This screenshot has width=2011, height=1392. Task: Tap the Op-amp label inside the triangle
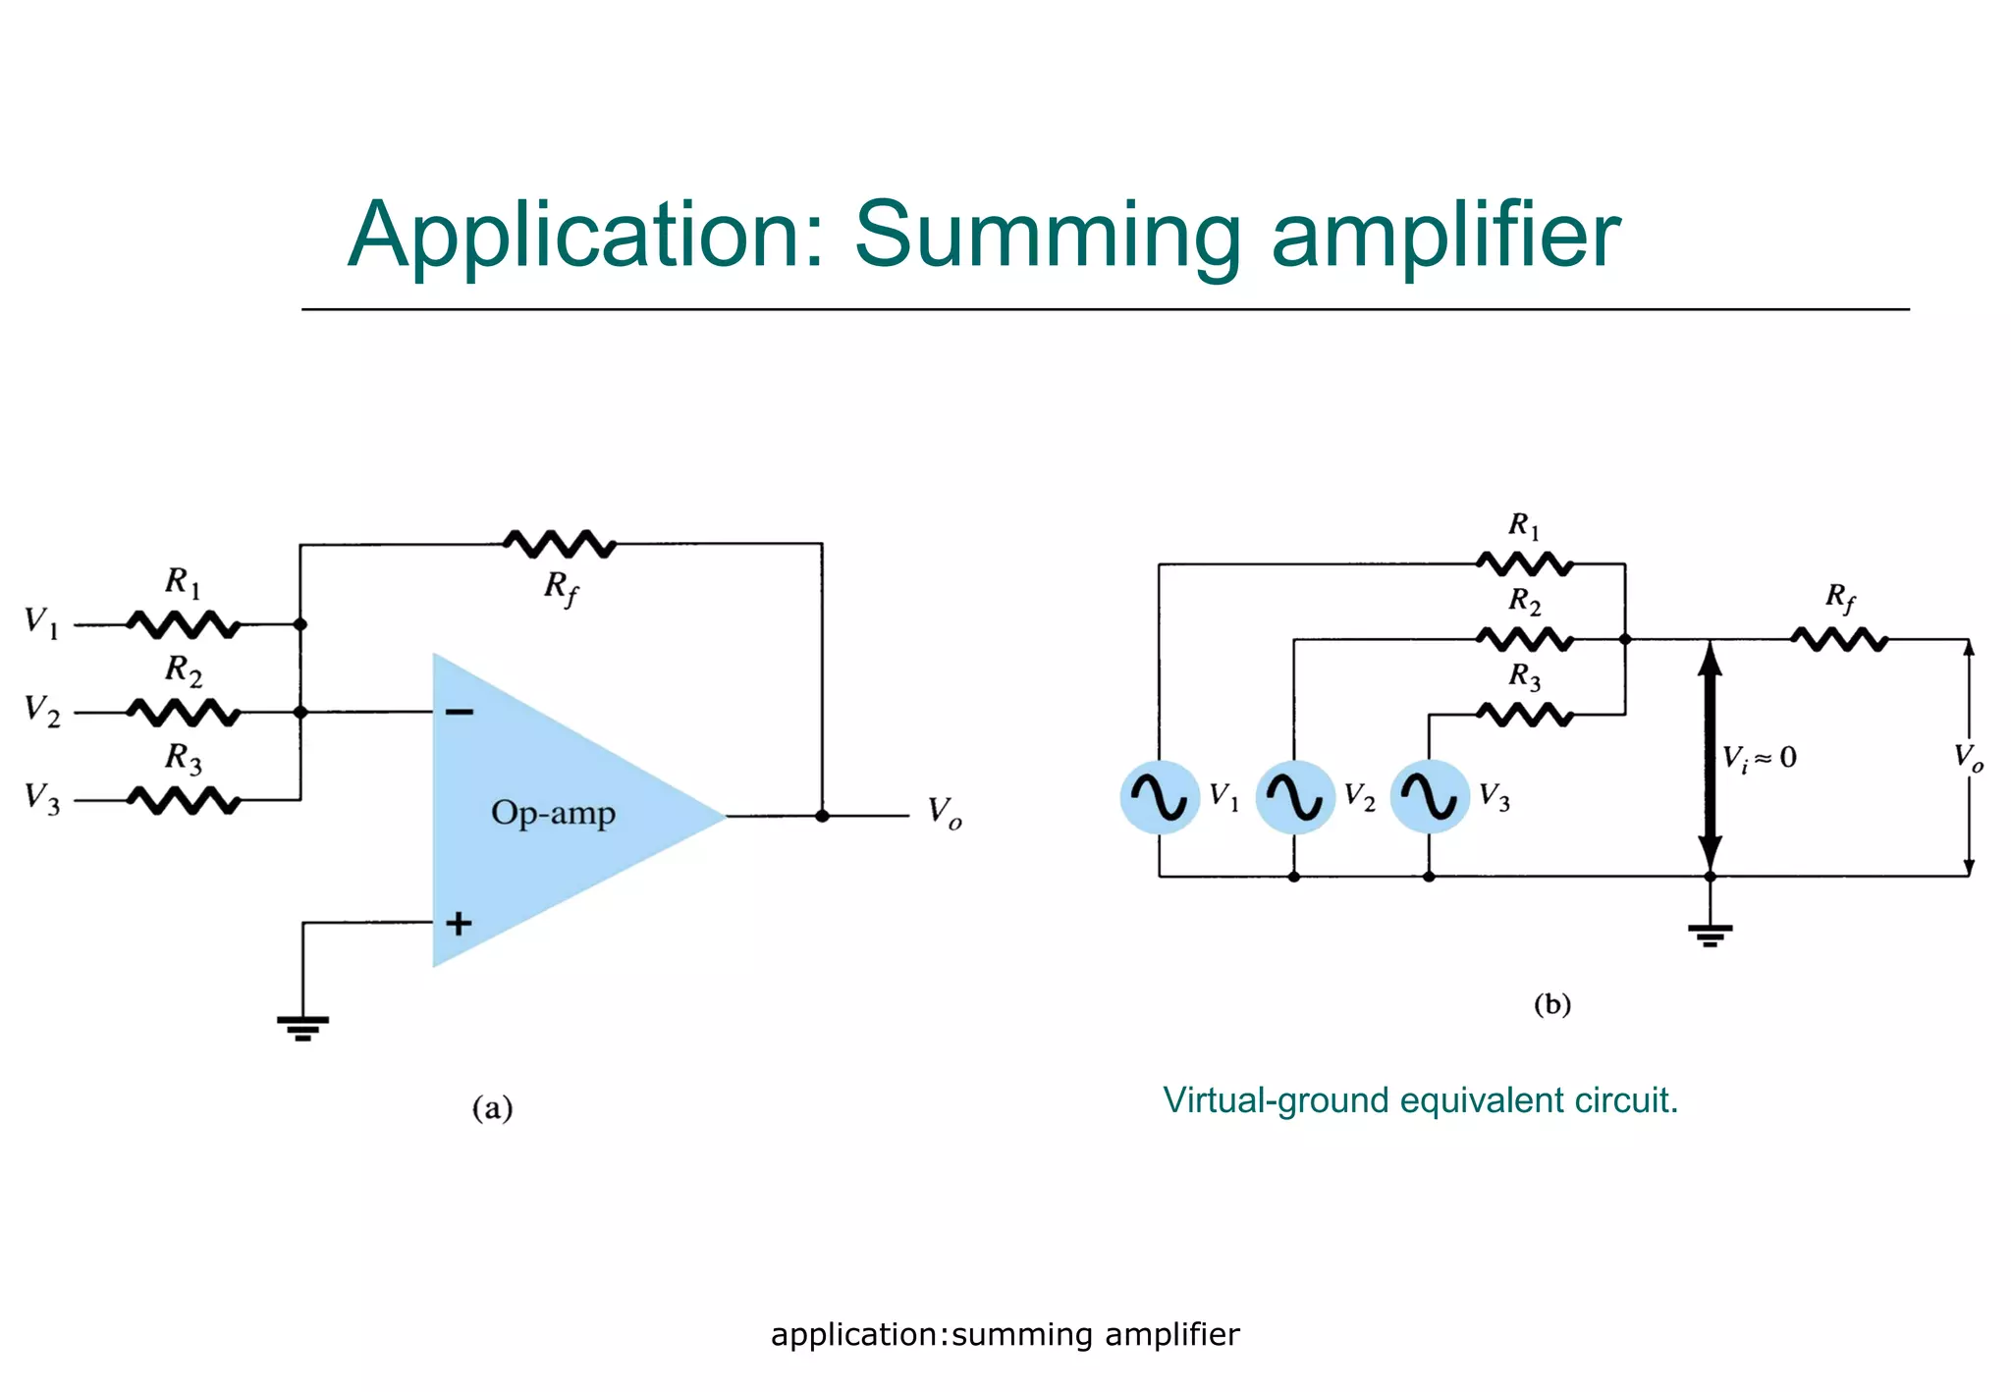pos(553,813)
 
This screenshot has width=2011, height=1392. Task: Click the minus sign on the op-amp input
pos(459,712)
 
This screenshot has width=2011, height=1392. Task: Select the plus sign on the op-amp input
pos(459,923)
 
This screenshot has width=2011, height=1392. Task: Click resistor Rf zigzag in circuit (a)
pos(559,543)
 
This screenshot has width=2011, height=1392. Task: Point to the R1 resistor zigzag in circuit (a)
pos(183,624)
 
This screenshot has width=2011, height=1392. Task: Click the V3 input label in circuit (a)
pos(42,798)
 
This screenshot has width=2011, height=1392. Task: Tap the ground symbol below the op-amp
pos(302,1027)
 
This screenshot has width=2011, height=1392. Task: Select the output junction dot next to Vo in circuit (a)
pos(822,816)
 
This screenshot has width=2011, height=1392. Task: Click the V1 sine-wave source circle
pos(1160,796)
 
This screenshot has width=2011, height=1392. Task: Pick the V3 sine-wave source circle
pos(1430,796)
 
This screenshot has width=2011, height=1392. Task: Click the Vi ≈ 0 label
pos(1760,758)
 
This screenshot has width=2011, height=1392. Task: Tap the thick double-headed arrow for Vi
pos(1710,756)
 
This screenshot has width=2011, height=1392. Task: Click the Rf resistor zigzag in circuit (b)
pos(1838,640)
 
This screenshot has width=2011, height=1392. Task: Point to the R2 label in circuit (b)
pos(1524,601)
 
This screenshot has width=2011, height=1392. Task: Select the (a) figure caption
pos(492,1108)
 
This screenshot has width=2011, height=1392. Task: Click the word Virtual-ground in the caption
pos(1277,1100)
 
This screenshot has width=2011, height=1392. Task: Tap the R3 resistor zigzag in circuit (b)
pos(1524,715)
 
